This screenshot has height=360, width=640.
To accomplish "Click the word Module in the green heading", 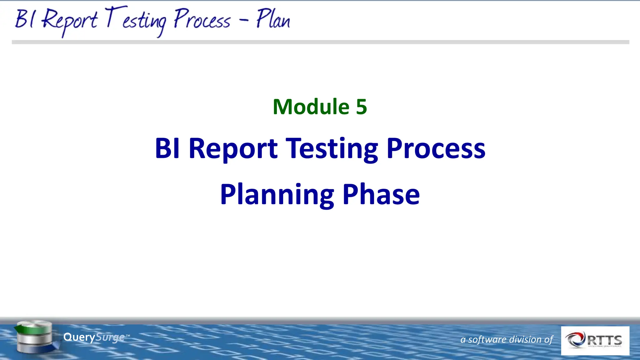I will (311, 107).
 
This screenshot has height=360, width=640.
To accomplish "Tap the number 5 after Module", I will (361, 107).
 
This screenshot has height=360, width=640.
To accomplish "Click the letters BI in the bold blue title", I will (167, 148).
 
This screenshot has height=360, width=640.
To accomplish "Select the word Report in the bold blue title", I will (233, 148).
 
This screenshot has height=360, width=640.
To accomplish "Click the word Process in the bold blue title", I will (436, 148).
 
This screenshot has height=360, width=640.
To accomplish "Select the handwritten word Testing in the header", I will (136, 20).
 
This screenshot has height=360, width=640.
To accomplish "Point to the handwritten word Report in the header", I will (69, 20).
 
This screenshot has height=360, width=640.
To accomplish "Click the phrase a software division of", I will (506, 339).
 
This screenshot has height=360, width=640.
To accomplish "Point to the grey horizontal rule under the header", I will (320, 42).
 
